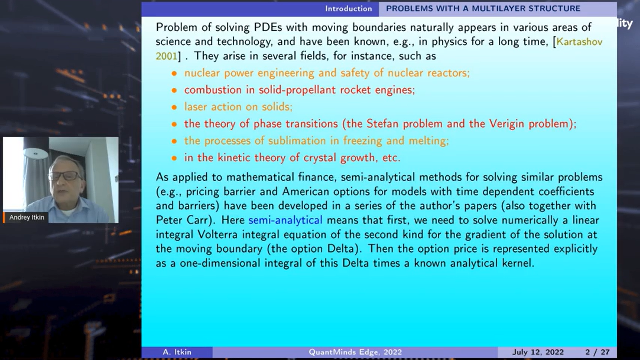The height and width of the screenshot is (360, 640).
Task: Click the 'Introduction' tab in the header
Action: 348,9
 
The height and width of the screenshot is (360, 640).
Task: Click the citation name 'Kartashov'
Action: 579,42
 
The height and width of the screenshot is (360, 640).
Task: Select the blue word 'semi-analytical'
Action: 285,220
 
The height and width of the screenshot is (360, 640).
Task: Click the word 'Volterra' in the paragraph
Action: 217,234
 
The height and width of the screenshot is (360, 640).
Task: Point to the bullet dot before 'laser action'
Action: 174,107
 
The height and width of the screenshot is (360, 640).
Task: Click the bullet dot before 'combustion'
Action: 174,90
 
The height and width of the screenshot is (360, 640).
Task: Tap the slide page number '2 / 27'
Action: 597,352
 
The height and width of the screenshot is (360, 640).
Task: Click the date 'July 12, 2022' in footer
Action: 538,352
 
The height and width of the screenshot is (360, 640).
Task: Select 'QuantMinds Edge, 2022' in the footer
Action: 355,352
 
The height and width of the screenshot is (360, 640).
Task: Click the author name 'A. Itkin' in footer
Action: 177,352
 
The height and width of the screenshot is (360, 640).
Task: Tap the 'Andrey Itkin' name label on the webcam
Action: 27,217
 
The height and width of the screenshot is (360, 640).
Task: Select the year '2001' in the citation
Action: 166,56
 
